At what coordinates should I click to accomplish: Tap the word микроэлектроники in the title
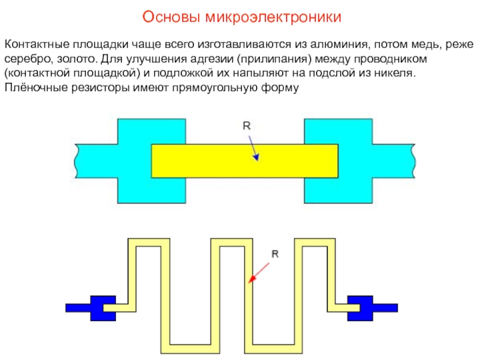click(x=274, y=17)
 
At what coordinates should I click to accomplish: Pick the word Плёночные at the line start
click(x=34, y=88)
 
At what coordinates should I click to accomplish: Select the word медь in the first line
click(x=429, y=45)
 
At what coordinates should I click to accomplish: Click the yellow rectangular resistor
click(x=204, y=161)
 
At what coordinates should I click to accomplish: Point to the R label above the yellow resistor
click(x=246, y=126)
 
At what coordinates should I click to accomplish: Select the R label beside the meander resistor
click(x=275, y=254)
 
